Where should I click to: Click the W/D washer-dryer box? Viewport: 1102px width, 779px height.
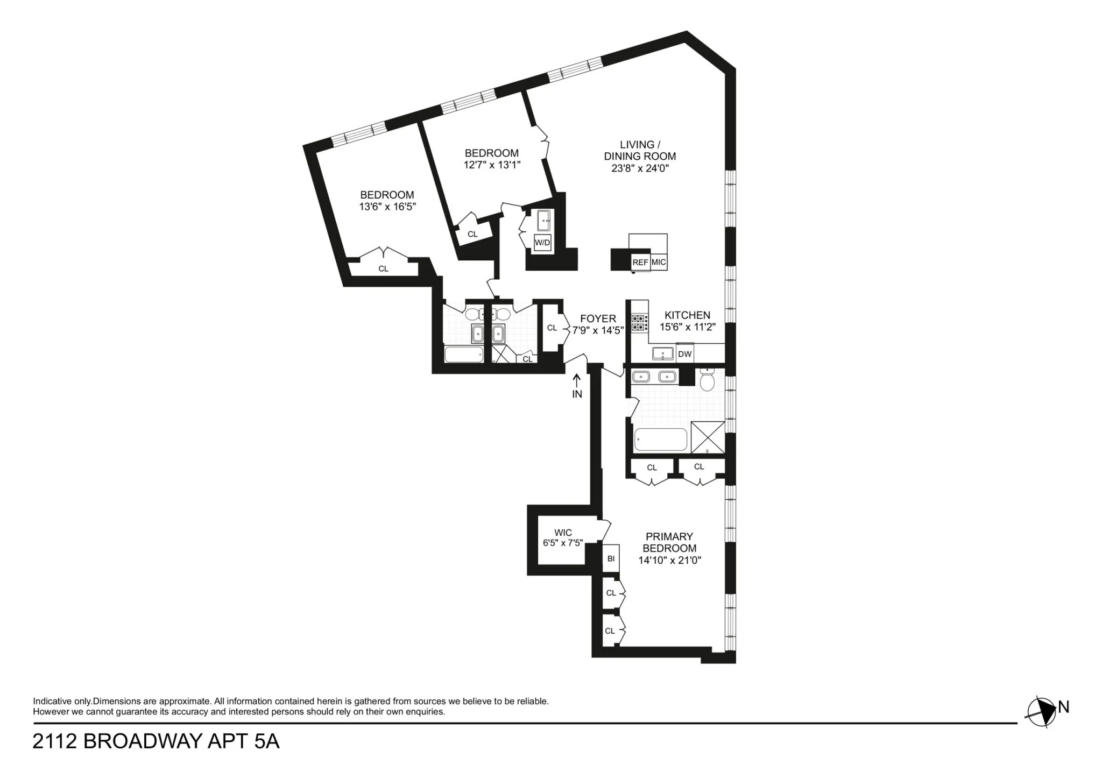542,243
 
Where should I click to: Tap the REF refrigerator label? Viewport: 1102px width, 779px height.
640,263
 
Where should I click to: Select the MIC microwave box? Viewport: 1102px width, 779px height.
659,263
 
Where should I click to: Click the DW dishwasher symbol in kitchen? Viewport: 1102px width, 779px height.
684,354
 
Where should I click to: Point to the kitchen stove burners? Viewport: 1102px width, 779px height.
639,322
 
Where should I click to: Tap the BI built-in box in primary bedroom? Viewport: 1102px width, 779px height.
611,559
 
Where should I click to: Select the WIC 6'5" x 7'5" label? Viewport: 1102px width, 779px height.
563,538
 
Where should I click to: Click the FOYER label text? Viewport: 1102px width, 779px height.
598,318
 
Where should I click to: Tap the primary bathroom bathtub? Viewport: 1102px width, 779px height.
661,440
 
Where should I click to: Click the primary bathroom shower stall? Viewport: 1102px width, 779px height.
708,437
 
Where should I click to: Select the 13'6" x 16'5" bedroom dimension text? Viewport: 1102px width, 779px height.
387,206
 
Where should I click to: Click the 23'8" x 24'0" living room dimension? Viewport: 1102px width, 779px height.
640,168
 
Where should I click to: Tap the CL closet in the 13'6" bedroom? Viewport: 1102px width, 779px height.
383,268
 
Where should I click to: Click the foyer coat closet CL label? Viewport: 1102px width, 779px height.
552,328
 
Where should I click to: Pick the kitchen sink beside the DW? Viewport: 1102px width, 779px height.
662,353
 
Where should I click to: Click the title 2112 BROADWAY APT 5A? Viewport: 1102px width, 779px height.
156,741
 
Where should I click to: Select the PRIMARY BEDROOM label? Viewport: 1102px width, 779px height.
669,542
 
